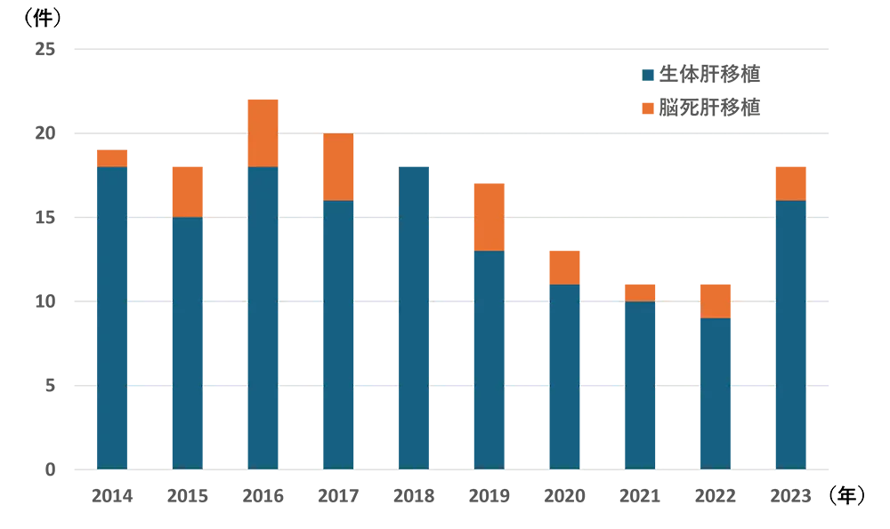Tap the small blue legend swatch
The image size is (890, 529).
(648, 75)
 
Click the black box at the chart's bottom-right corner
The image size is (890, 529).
(856, 496)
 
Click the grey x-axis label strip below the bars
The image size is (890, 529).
(454, 495)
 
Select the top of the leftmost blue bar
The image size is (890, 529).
(110, 168)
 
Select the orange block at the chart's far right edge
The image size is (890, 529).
(850, 169)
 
